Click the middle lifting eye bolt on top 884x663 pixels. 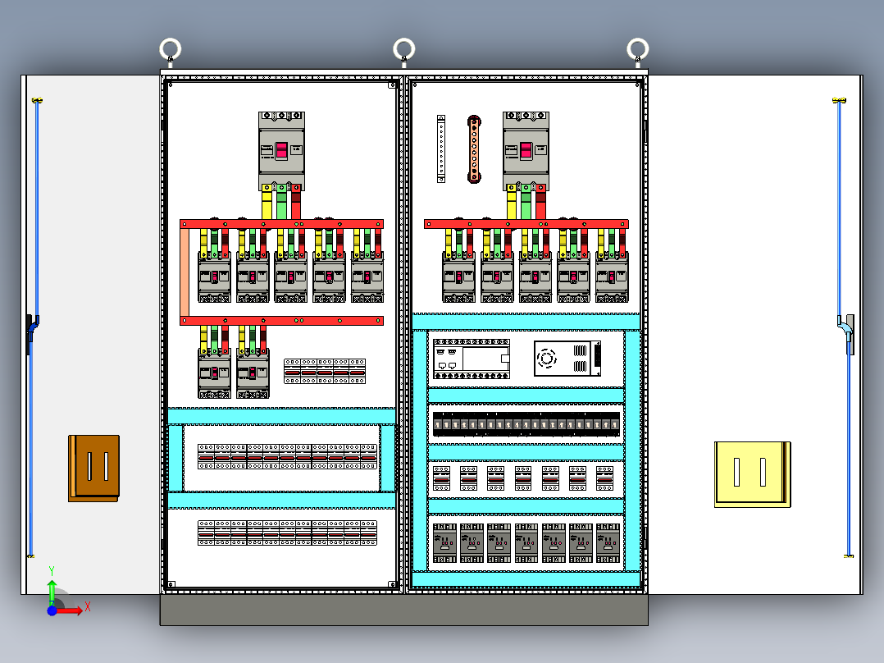point(403,49)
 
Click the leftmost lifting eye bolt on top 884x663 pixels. point(170,49)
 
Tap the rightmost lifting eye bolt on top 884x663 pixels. point(638,49)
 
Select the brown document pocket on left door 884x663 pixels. point(93,468)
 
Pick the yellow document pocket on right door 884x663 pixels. point(752,473)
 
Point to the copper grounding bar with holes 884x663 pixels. point(473,149)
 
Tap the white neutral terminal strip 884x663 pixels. point(440,149)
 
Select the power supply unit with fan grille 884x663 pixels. point(567,359)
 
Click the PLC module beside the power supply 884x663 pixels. point(472,359)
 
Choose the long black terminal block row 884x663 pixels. point(526,424)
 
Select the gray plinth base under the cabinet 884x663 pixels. point(403,610)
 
